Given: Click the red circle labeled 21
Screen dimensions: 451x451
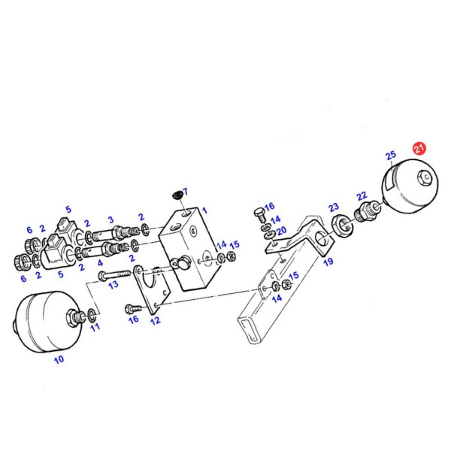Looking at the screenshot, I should click(x=419, y=149).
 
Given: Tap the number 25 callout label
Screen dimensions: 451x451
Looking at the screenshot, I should click(x=390, y=156).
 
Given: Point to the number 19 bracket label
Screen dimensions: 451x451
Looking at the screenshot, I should click(x=328, y=262).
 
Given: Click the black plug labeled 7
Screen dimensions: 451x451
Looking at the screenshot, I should click(x=177, y=195).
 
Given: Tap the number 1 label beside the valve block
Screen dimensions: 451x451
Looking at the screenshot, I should click(x=204, y=210).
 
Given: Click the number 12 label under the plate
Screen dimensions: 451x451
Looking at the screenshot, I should click(x=155, y=321).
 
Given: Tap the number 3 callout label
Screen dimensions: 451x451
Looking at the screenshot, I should click(x=110, y=220).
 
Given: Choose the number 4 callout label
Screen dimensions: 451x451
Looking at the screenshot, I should click(x=99, y=263).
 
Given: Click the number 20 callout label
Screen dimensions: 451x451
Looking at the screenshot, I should click(x=281, y=231).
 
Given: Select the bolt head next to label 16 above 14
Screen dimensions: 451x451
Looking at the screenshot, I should click(x=260, y=210).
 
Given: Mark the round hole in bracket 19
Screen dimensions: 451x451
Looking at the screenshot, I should click(x=321, y=239).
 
